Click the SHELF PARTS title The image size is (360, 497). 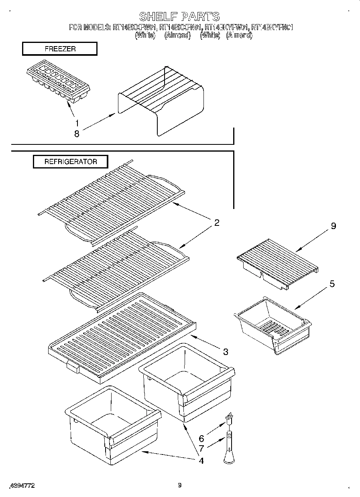[179, 16]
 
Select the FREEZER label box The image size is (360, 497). [60, 49]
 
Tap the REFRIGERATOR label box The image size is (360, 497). [70, 162]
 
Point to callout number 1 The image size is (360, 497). [77, 124]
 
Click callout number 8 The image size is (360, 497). [77, 134]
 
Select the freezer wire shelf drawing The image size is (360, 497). [161, 100]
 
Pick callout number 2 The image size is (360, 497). [216, 223]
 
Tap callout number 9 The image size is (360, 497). [333, 226]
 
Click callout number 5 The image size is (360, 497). [332, 284]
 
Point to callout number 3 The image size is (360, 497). [226, 352]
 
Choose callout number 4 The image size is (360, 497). [201, 460]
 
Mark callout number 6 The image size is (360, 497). [201, 439]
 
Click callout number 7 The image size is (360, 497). [201, 449]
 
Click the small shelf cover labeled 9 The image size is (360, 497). [277, 263]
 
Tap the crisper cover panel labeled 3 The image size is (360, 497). [120, 337]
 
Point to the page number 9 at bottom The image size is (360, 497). [180, 485]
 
